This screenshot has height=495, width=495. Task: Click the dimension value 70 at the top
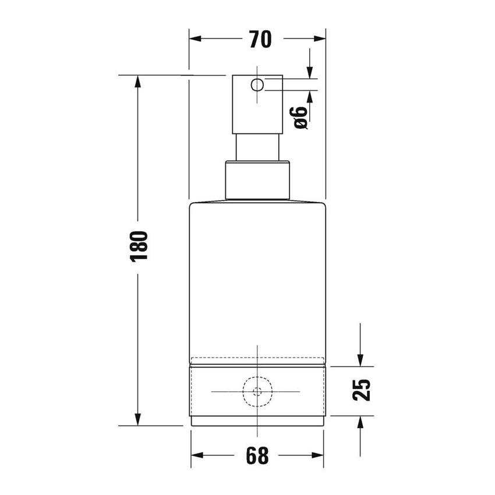(x=260, y=40)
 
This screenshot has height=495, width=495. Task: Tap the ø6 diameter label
(x=300, y=118)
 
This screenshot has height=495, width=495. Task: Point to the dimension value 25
(x=362, y=390)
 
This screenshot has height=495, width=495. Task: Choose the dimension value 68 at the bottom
(x=257, y=455)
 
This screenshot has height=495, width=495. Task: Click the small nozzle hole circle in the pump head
(x=257, y=86)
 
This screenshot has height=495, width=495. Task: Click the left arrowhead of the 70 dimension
(x=195, y=39)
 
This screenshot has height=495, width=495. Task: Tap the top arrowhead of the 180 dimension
(x=138, y=82)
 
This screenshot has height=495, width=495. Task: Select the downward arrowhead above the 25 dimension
(x=361, y=360)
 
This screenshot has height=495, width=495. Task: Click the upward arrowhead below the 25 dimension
(x=361, y=422)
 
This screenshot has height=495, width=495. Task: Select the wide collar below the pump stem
(x=257, y=180)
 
